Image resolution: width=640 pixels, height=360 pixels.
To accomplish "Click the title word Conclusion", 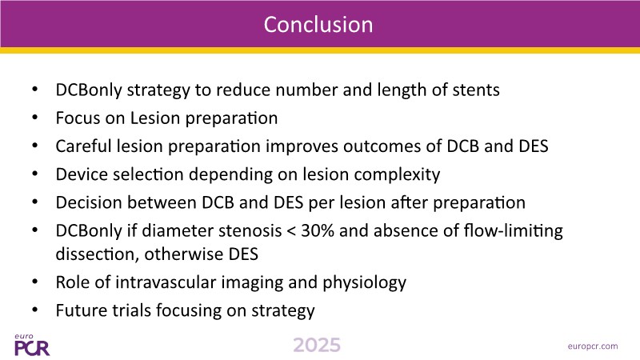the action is [x=318, y=25].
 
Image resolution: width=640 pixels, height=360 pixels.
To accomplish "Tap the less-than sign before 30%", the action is [x=291, y=231].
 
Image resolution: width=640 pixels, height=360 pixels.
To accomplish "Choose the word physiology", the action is [x=365, y=283].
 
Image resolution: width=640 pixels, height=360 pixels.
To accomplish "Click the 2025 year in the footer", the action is [x=317, y=346].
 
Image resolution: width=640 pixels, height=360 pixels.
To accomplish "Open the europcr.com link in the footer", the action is [x=593, y=346].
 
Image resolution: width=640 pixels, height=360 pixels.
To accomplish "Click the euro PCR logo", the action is [x=32, y=345].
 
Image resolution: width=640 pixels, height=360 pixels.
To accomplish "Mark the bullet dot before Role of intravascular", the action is [x=34, y=282].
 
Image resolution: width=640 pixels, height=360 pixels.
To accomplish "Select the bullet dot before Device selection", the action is [x=34, y=174].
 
